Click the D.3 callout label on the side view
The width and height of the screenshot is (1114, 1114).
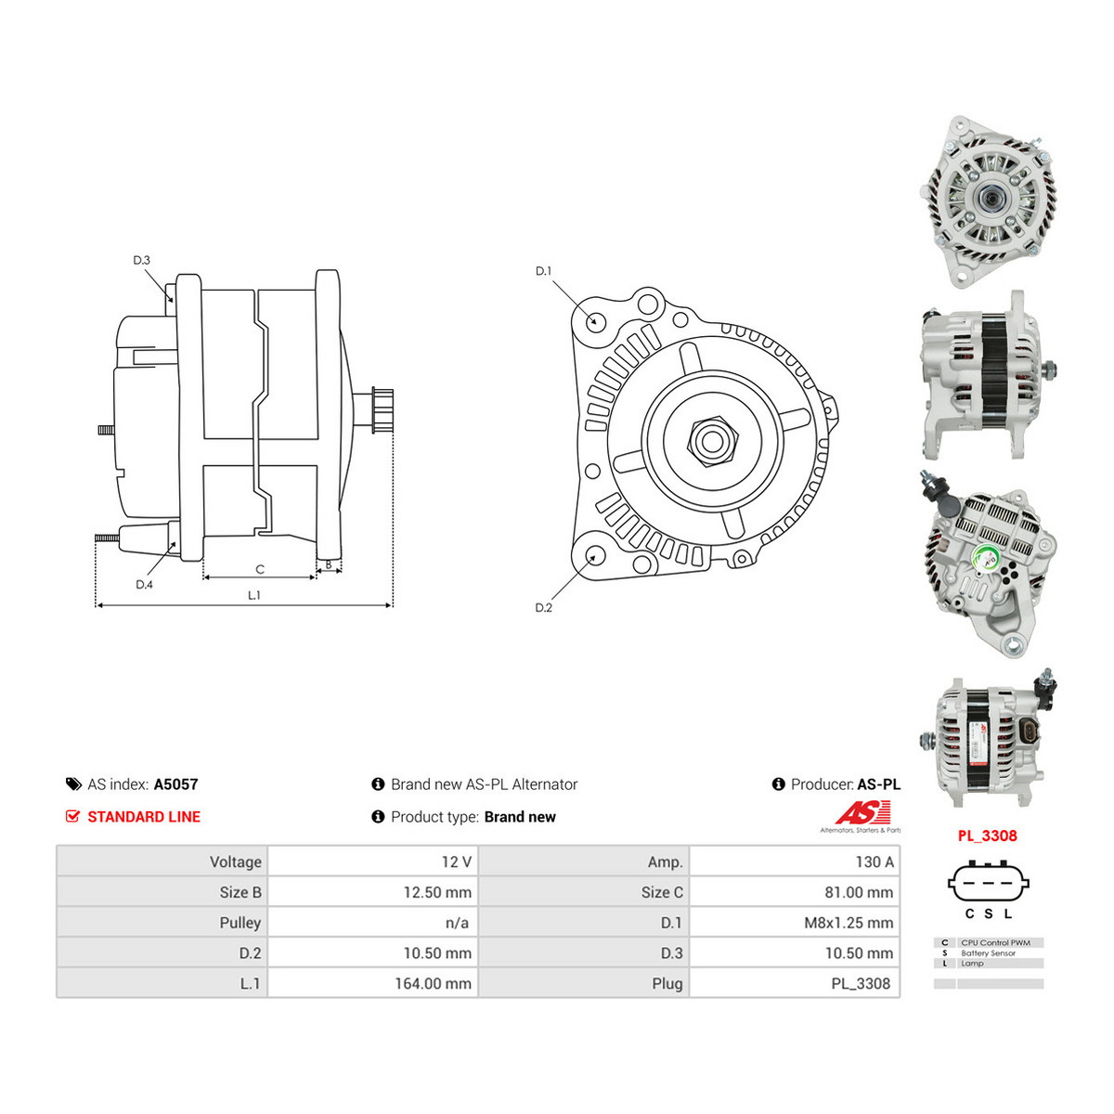click(x=142, y=260)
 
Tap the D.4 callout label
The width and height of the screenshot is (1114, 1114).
click(x=144, y=585)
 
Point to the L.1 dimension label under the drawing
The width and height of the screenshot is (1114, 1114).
click(x=254, y=595)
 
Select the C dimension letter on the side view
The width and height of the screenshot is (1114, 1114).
click(x=260, y=569)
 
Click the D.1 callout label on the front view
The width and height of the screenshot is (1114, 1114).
click(x=543, y=270)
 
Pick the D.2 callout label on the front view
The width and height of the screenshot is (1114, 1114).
click(x=543, y=607)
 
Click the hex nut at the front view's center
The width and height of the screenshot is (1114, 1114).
click(x=711, y=442)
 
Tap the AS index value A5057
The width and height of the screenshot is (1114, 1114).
click(x=175, y=784)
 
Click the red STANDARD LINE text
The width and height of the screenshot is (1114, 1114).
click(x=144, y=817)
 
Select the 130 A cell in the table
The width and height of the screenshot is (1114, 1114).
click(x=874, y=861)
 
